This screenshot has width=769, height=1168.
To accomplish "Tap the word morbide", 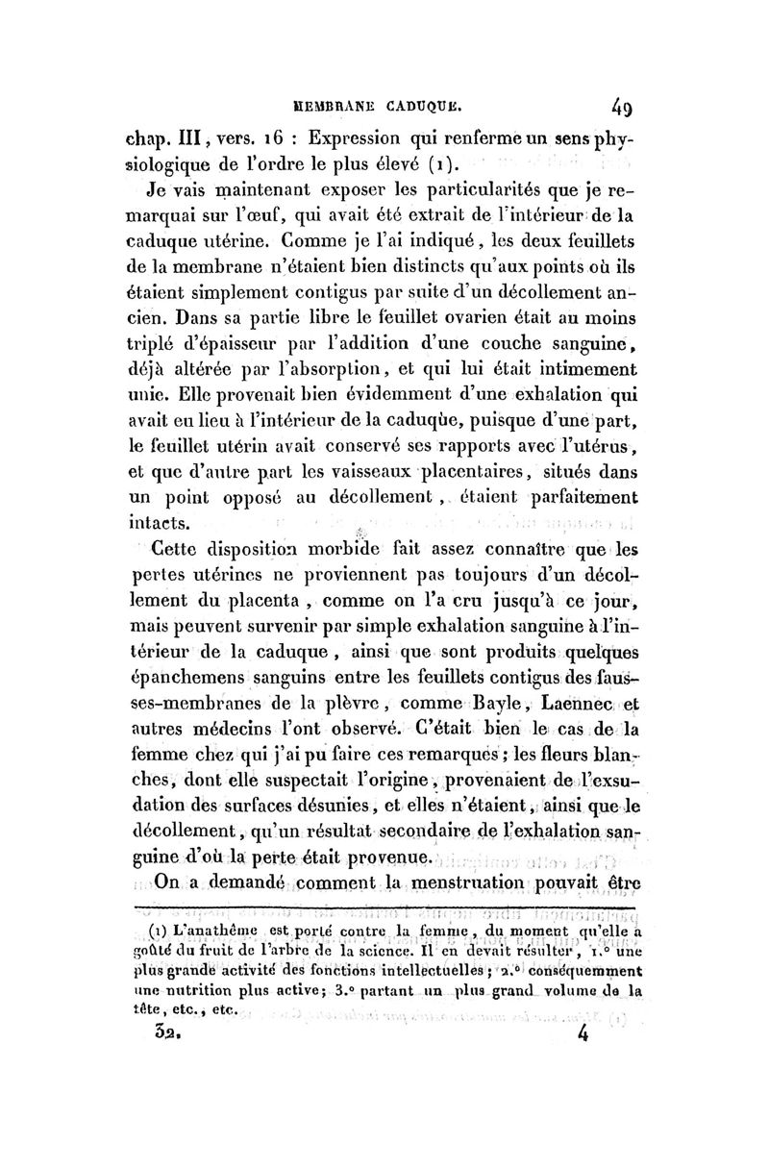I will point(335,549).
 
